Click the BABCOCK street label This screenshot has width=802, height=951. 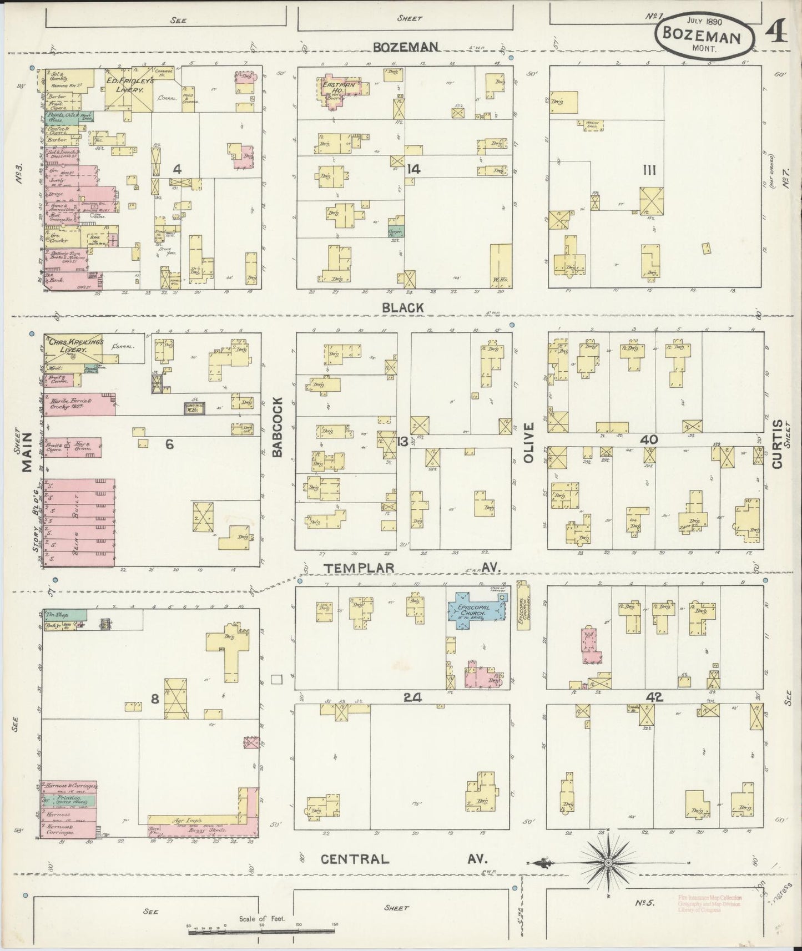(278, 427)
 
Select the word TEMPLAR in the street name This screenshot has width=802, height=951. (359, 568)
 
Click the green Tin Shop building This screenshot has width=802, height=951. (65, 615)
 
